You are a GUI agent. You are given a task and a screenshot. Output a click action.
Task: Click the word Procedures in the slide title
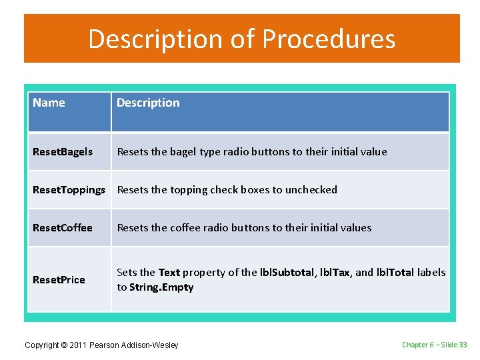(x=329, y=39)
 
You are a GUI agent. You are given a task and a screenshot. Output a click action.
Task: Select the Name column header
(x=49, y=103)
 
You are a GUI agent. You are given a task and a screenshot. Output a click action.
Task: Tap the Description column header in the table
(x=148, y=103)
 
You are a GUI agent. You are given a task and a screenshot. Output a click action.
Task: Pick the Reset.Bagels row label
(x=63, y=152)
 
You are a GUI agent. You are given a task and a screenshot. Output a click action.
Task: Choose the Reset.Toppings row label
(x=69, y=190)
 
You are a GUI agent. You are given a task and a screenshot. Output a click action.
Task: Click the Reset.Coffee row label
(x=63, y=228)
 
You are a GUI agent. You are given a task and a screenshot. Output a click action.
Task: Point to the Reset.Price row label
(x=59, y=280)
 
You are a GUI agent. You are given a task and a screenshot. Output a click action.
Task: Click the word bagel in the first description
(x=183, y=152)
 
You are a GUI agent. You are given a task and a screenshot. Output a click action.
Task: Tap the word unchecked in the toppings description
(x=311, y=190)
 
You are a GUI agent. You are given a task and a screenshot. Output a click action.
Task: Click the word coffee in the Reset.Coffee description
(x=187, y=228)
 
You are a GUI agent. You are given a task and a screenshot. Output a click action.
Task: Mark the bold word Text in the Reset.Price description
(x=169, y=273)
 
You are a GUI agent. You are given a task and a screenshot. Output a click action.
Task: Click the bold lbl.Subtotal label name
(x=287, y=273)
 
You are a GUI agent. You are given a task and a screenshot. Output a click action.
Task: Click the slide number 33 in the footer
(x=463, y=345)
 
